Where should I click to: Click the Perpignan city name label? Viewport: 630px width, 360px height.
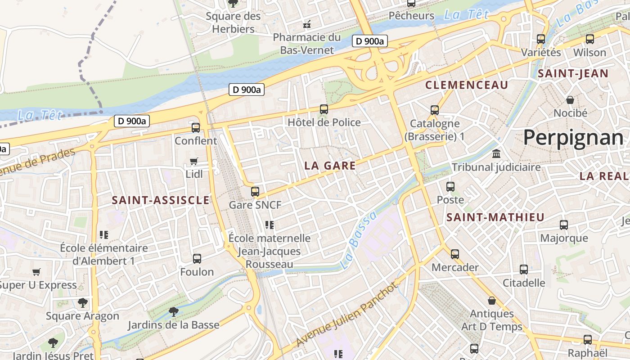click(573, 137)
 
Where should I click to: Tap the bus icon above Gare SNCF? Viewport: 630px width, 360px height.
click(255, 192)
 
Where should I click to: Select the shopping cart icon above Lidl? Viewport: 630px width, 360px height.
click(194, 161)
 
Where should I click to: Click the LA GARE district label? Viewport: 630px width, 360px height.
click(330, 166)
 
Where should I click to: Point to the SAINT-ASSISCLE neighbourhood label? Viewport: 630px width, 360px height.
click(161, 200)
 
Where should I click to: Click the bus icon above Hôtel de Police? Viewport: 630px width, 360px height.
click(324, 109)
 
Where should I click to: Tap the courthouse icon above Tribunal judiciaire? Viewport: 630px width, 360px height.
click(496, 154)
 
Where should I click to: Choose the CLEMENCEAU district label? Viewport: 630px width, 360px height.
click(467, 85)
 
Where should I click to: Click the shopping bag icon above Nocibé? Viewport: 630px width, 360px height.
click(570, 99)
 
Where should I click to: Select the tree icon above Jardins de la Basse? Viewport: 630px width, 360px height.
click(173, 311)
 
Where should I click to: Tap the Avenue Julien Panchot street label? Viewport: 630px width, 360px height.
click(347, 315)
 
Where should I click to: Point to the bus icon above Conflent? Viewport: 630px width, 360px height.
click(195, 127)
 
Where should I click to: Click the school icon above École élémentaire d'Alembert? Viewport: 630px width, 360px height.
click(104, 234)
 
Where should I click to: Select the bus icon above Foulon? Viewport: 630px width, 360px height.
click(197, 258)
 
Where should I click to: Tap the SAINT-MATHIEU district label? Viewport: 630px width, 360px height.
click(495, 217)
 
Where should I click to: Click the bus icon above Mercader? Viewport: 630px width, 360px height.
click(455, 254)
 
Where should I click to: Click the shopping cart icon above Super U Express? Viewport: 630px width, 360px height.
click(36, 272)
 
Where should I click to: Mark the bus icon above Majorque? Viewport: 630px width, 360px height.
click(564, 225)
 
